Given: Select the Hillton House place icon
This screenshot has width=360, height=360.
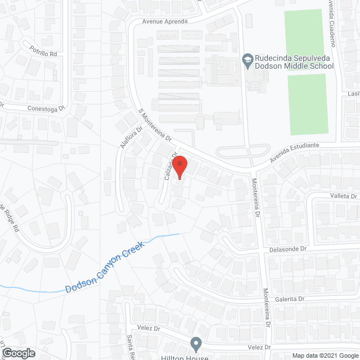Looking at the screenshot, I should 196,343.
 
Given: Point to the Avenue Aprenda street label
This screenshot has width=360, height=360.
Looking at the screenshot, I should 164,21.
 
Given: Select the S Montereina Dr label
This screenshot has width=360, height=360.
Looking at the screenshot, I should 154,125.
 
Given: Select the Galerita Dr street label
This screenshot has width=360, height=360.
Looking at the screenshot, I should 290,299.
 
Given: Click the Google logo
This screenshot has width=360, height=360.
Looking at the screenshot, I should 18,353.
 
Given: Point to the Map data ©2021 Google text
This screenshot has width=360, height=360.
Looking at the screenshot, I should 325,355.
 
